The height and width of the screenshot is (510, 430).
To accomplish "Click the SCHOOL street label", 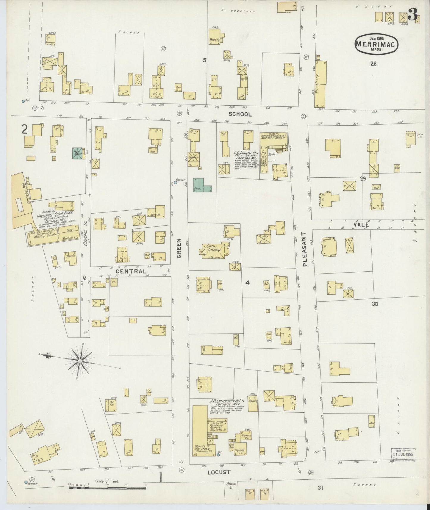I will click(240, 114).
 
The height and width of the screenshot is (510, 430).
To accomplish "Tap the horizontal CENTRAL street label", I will click(131, 271).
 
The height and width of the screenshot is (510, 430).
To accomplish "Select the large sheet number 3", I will click(412, 14).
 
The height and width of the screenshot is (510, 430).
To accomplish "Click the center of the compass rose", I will click(80, 361).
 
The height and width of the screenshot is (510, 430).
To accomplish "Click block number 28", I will click(373, 63).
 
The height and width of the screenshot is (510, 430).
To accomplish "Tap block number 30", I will click(375, 304).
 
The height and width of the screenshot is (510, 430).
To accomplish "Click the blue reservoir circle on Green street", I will click(176, 183).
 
